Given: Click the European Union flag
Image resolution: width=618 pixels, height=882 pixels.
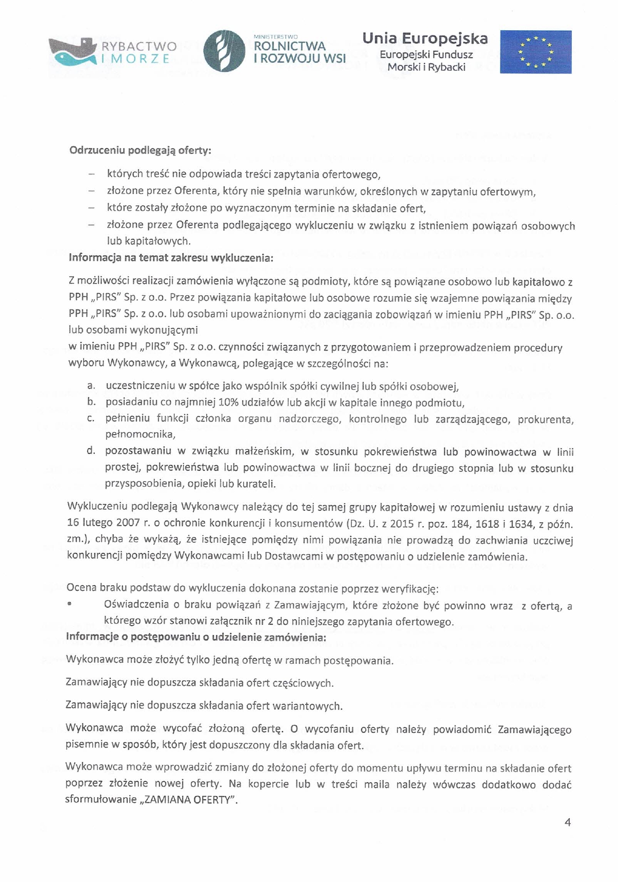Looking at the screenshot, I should tap(535, 51).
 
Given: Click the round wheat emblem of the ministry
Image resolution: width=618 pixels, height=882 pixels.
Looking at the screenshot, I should tap(224, 51).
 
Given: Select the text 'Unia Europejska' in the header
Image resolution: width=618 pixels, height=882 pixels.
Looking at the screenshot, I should tap(425, 39).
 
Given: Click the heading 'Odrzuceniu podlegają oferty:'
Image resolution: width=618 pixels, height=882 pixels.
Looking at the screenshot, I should tap(140, 151).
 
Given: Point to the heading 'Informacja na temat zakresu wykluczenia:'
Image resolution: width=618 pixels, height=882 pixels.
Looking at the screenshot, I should tap(171, 257).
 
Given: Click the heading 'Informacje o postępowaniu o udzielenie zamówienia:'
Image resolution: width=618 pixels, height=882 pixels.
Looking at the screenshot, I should tap(195, 638).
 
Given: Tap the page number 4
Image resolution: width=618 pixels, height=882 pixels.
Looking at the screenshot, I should tap(567, 822).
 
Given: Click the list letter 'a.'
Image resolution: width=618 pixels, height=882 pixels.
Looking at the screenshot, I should tap(91, 386).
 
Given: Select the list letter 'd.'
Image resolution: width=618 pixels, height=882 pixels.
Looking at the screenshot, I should tap(91, 451).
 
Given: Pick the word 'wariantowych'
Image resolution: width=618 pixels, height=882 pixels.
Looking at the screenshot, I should tap(309, 706).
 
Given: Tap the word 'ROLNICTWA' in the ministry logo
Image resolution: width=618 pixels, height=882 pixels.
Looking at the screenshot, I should tap(289, 46).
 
